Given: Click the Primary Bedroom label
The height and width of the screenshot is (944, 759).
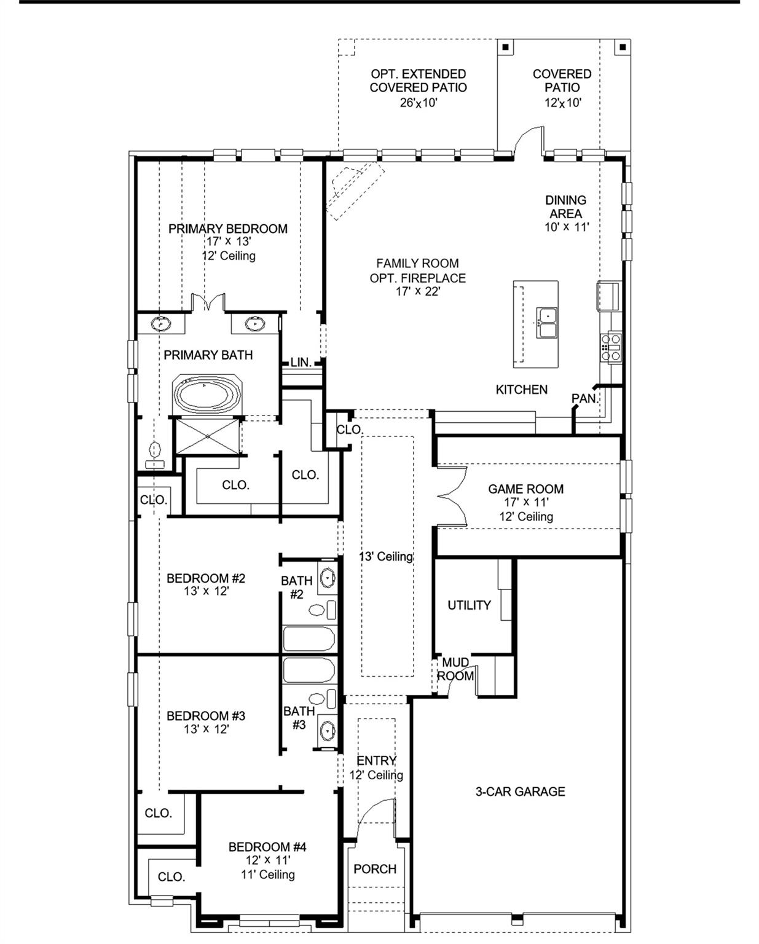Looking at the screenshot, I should pyautogui.click(x=228, y=229).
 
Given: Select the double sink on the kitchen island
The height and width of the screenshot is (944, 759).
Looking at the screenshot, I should pyautogui.click(x=546, y=323).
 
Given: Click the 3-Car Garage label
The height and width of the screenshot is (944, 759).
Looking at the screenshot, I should pyautogui.click(x=520, y=792).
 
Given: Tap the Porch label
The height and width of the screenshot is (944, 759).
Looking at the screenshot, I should pyautogui.click(x=375, y=869).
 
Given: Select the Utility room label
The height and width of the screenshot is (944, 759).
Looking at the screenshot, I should pyautogui.click(x=469, y=605).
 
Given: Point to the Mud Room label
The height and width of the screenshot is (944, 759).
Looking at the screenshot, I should pyautogui.click(x=455, y=669).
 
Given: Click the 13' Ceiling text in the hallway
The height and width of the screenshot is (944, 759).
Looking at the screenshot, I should pyautogui.click(x=386, y=557).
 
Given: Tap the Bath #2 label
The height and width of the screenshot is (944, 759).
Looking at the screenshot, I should pyautogui.click(x=297, y=587).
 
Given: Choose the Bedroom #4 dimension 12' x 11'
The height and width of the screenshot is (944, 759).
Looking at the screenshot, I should pyautogui.click(x=267, y=860).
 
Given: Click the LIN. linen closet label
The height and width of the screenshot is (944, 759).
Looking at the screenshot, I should pyautogui.click(x=301, y=363).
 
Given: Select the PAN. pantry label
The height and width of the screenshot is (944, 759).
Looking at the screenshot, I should pyautogui.click(x=584, y=399).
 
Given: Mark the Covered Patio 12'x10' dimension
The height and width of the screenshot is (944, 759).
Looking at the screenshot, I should pyautogui.click(x=562, y=103).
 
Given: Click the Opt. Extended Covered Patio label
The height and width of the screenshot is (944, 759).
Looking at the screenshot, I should pyautogui.click(x=418, y=81).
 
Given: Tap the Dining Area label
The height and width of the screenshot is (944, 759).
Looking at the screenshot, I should pyautogui.click(x=565, y=206).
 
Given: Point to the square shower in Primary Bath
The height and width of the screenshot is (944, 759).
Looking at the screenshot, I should pyautogui.click(x=208, y=436).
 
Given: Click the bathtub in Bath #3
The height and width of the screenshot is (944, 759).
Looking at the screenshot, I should pyautogui.click(x=309, y=671).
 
